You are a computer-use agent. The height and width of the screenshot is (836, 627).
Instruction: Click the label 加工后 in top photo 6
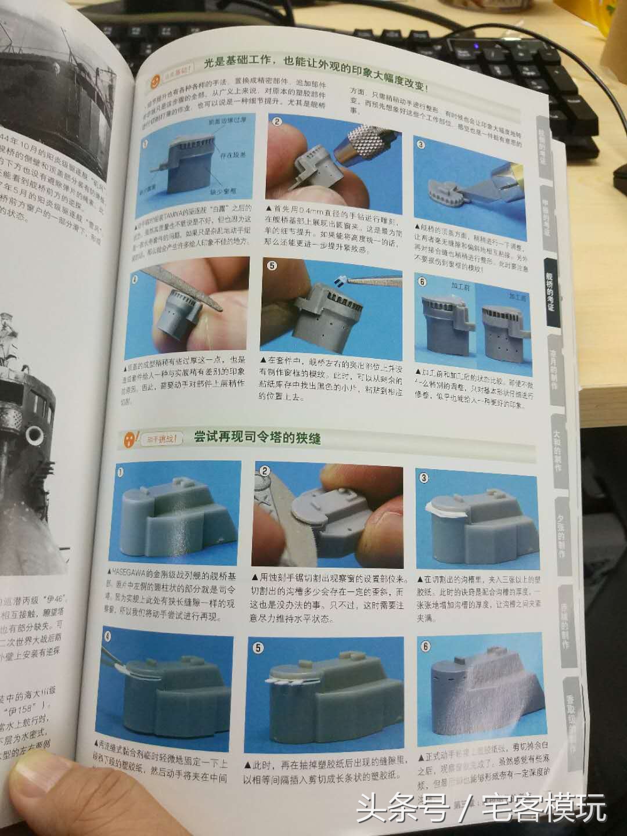pos(517,296)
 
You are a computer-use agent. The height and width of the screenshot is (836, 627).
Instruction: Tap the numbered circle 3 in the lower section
pos(424,478)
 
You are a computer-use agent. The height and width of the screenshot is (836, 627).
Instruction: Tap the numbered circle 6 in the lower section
pos(424,646)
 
